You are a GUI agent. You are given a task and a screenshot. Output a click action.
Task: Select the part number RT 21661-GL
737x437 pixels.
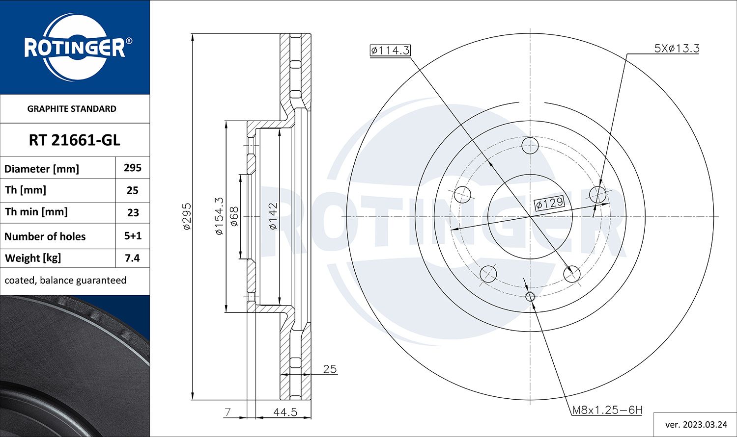coord(74,140)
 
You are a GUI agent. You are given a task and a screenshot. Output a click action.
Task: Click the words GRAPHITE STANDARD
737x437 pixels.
coord(72,109)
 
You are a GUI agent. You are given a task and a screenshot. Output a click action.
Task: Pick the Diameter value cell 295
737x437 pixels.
coord(132,168)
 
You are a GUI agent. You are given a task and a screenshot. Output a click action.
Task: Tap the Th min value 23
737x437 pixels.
coord(132,213)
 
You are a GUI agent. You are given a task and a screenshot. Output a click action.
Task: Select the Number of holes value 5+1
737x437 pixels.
coord(132,236)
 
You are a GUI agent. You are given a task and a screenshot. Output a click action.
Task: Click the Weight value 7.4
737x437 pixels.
coord(132,258)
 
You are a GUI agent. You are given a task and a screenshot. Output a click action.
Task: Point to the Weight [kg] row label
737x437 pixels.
coord(33,258)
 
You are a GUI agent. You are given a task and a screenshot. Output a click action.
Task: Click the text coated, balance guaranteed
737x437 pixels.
coord(65,280)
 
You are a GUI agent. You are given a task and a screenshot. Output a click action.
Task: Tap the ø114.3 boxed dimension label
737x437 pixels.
coord(390,50)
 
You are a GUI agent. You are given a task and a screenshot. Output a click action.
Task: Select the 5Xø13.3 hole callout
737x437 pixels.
coord(676,48)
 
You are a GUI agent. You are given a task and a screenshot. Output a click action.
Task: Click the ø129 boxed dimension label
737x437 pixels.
coord(549,203)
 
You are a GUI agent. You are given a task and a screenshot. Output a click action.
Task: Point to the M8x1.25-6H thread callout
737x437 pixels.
coord(607,410)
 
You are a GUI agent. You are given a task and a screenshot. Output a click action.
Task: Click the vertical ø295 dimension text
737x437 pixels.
coord(186,216)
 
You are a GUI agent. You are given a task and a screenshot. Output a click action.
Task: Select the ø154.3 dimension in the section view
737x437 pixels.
coord(219,216)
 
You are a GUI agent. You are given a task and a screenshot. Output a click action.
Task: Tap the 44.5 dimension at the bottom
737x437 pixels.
coord(285,412)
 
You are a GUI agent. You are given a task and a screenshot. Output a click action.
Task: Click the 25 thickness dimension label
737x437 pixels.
coord(330,369)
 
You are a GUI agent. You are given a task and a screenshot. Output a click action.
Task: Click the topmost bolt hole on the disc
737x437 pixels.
coord(530,145)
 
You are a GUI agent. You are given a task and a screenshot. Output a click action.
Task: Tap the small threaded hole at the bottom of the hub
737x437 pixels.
coord(530,296)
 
